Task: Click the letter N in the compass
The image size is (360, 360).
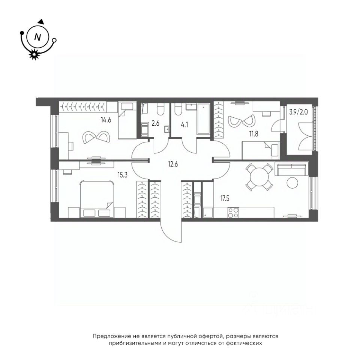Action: [37, 37]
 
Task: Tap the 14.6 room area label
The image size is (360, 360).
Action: [106, 120]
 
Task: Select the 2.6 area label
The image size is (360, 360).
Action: [155, 123]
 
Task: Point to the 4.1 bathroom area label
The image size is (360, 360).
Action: [184, 125]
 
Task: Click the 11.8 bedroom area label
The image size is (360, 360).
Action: [254, 133]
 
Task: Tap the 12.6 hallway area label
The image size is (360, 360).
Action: [173, 164]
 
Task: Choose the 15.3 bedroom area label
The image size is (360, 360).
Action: [123, 175]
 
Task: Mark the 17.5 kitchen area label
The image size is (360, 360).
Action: [225, 198]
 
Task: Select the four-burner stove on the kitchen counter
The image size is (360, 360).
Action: [233, 213]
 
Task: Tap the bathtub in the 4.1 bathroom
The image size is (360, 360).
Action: [203, 119]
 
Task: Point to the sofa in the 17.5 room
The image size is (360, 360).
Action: [292, 169]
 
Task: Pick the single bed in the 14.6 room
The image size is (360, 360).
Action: [127, 120]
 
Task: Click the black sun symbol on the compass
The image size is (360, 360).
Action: [34, 54]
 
